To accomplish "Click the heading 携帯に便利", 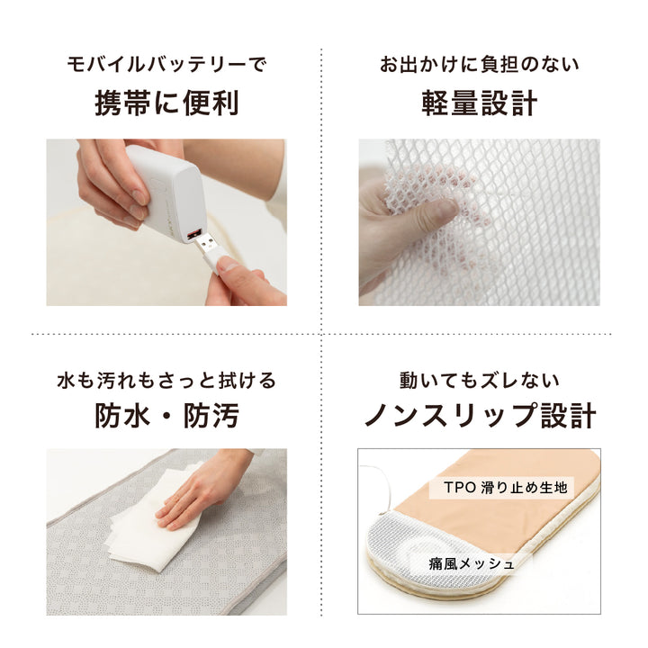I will tap(166, 103).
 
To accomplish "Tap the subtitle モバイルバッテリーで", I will tap(166, 65).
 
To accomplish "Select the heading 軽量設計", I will tap(479, 103).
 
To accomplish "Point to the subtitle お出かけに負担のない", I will tap(479, 65).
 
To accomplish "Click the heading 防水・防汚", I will tap(166, 415).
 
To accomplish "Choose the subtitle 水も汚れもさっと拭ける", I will tap(166, 379).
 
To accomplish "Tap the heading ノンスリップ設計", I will tap(479, 415).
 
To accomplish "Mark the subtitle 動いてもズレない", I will tap(479, 379).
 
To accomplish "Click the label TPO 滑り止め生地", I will tap(506, 488).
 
